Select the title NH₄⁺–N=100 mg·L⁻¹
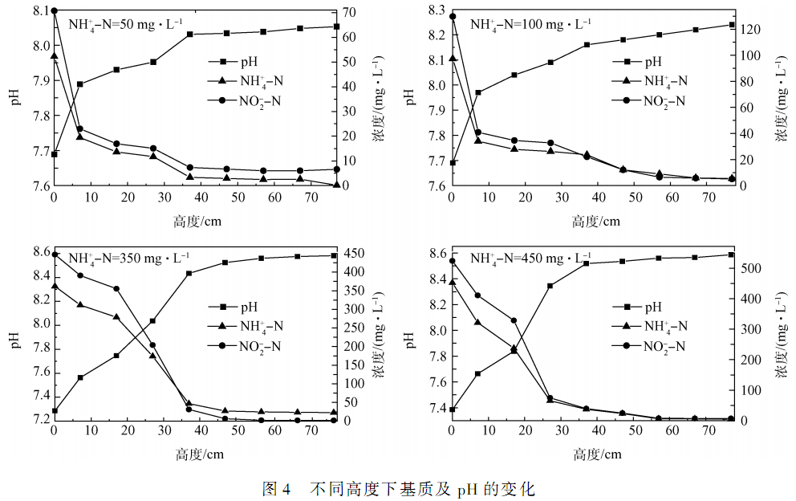(x=530, y=25)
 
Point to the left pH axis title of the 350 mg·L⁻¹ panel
(x=13, y=337)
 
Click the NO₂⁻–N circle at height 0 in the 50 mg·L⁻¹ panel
(x=54, y=11)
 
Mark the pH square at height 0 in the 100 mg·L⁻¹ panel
(x=452, y=163)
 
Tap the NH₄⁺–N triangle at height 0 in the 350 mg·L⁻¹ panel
(x=54, y=286)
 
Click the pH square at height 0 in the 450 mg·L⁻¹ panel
(x=452, y=409)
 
